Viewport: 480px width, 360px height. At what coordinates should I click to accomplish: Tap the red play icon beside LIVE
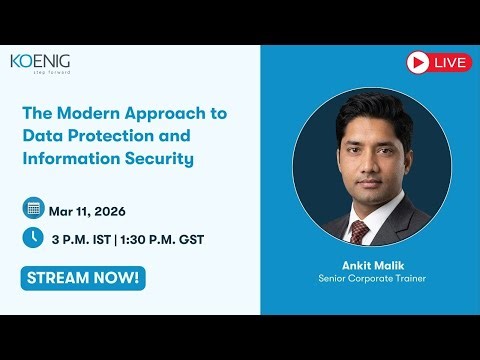click(x=418, y=63)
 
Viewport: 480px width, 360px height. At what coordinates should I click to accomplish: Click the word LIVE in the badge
click(x=451, y=63)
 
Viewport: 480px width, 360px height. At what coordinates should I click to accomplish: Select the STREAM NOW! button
click(x=83, y=277)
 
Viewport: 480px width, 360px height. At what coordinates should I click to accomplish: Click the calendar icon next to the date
click(x=33, y=209)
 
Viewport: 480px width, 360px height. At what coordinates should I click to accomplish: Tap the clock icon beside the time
click(x=33, y=238)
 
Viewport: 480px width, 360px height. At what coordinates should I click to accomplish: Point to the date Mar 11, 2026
click(x=88, y=210)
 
